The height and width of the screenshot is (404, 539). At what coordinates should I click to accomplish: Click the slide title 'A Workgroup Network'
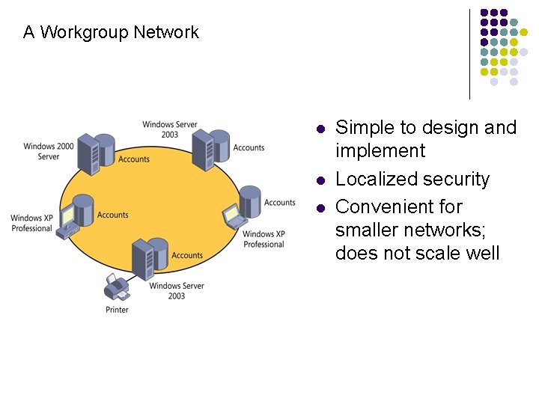(111, 32)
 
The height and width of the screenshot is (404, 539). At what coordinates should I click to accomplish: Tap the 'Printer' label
(117, 310)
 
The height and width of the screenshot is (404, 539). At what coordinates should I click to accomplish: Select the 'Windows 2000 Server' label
(49, 151)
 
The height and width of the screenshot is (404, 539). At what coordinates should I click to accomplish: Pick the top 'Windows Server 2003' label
(170, 129)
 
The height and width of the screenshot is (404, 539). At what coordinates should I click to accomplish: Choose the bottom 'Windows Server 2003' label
(177, 291)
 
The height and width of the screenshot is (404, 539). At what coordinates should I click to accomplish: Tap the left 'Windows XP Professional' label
(31, 223)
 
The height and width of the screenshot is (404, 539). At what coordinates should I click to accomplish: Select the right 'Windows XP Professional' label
(264, 239)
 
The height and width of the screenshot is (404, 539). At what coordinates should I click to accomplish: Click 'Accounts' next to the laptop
(280, 203)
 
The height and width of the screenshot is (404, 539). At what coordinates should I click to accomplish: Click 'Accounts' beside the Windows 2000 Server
(134, 159)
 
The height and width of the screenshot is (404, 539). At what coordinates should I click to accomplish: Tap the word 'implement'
(380, 151)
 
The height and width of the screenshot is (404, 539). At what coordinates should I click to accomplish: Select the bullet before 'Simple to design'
(320, 129)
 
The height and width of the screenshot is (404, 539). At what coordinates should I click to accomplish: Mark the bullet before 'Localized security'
(320, 180)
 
